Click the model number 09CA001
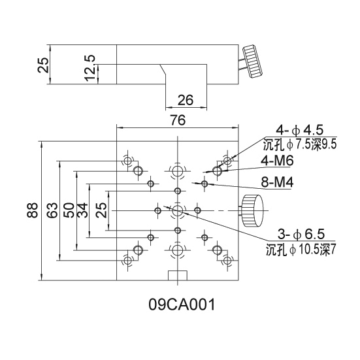[x=182, y=304]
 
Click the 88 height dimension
[x=32, y=210]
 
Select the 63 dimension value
[x=52, y=210]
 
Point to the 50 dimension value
[x=69, y=210]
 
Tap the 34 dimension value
[x=82, y=210]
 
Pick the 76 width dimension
[x=178, y=120]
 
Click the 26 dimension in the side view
[x=186, y=100]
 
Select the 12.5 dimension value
[x=90, y=68]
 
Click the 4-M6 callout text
[x=277, y=161]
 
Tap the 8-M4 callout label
[x=277, y=183]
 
